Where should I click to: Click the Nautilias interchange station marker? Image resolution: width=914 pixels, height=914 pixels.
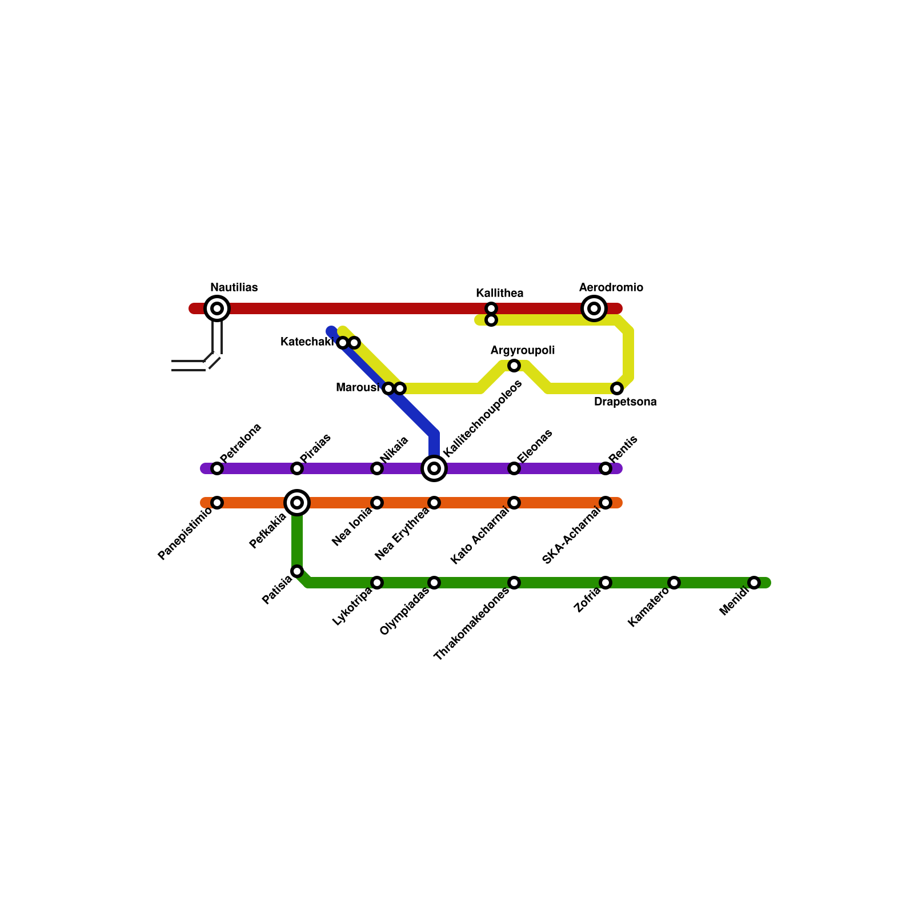(217, 308)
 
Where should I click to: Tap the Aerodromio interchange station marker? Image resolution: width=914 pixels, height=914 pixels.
(594, 308)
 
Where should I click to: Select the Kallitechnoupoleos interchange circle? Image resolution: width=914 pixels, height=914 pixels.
(434, 468)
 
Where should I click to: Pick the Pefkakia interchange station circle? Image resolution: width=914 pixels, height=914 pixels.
(297, 503)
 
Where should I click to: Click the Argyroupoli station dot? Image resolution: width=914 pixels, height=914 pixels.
(514, 366)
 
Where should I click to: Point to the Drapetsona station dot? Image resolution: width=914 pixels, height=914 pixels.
(617, 388)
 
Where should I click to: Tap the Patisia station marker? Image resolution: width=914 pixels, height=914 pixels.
(297, 571)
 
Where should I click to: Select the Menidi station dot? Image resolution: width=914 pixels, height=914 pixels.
(754, 583)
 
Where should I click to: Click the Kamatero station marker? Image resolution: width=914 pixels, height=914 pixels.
(674, 583)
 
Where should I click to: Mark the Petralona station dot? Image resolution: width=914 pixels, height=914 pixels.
(217, 468)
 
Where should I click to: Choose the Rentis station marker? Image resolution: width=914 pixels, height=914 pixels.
(606, 468)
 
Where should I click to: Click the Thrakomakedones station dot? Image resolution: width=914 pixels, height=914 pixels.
(514, 583)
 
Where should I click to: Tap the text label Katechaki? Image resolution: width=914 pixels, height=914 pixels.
(307, 342)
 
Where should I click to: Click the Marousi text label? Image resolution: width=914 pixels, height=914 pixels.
(358, 388)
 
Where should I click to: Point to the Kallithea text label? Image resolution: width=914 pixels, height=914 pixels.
(500, 294)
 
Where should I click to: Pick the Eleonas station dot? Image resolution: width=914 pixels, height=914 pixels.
(514, 468)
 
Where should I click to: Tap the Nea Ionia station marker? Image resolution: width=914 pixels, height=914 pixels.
(377, 503)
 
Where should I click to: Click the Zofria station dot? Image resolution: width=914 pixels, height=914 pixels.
(606, 583)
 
